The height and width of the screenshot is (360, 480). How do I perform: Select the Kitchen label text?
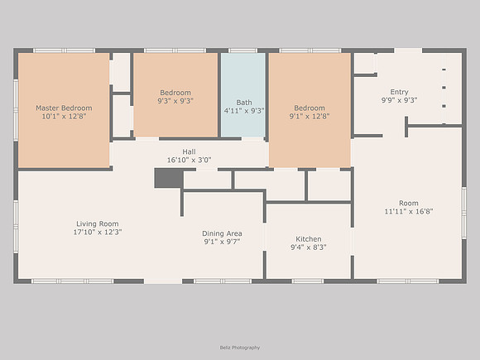tap(308, 239)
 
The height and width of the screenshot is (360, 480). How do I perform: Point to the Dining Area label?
tap(222, 233)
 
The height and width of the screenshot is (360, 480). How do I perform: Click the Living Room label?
tap(98, 224)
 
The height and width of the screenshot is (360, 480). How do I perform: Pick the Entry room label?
tap(399, 92)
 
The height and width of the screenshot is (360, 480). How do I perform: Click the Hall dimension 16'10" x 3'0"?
tap(189, 160)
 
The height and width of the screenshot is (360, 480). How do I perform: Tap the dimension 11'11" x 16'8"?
tap(409, 211)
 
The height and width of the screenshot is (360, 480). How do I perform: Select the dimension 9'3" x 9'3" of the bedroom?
tap(175, 101)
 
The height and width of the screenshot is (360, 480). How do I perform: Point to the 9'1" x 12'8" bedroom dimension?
tap(310, 117)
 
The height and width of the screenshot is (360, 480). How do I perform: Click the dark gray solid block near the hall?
tap(169, 178)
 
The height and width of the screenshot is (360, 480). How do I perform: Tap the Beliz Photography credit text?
tap(240, 348)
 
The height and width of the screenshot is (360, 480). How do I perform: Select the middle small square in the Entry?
tap(444, 88)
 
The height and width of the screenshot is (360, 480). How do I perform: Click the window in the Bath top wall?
tap(243, 50)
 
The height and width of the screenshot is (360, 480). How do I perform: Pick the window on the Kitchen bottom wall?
tap(307, 281)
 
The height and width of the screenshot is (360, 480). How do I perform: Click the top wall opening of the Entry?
tap(408, 50)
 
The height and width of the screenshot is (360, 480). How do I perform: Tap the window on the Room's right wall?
tap(464, 213)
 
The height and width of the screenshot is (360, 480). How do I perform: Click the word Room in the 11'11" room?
tap(409, 203)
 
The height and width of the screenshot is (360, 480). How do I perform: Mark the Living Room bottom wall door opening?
tap(163, 281)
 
